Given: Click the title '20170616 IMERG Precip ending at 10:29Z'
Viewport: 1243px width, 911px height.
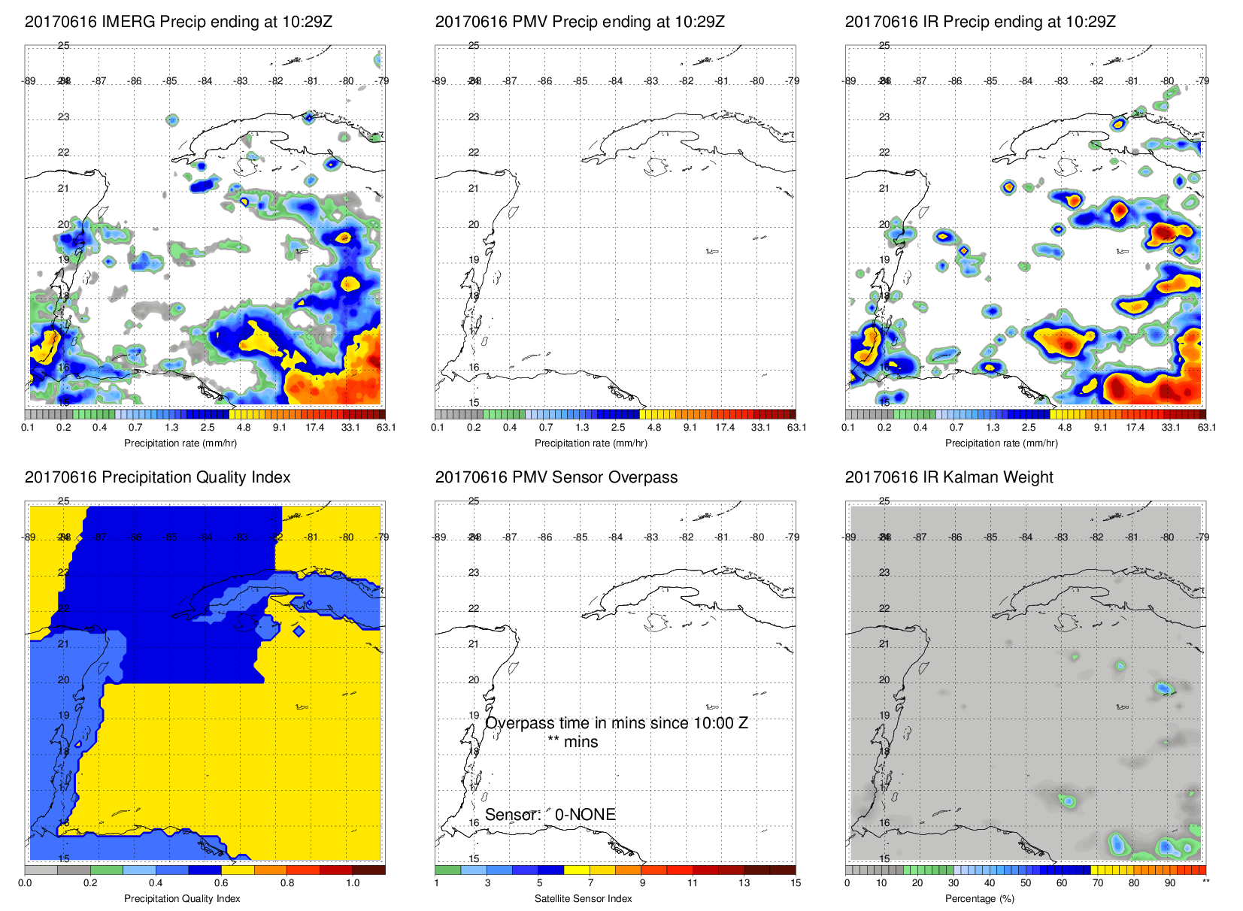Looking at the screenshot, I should (178, 22).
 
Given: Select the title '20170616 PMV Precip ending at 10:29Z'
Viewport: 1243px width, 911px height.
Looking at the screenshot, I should (580, 22).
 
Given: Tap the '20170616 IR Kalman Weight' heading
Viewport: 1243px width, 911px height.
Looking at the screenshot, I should (949, 477).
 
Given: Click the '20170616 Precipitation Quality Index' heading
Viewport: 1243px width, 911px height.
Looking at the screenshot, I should (157, 477).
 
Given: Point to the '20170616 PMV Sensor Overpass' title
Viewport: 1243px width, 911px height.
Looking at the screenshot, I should (556, 477).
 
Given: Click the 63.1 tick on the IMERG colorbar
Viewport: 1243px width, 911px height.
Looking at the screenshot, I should (386, 428).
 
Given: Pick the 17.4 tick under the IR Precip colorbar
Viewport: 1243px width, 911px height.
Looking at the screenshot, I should (1135, 428).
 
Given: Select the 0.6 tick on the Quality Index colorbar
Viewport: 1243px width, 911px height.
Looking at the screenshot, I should (221, 883).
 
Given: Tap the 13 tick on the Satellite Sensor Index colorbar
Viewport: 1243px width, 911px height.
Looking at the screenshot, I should (744, 883).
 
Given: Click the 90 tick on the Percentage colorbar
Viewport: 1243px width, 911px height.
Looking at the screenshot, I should (1170, 883).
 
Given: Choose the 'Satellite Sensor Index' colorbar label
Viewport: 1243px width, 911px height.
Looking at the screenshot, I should (584, 899).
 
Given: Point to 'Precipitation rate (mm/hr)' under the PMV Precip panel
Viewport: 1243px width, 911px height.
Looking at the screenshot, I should (591, 443).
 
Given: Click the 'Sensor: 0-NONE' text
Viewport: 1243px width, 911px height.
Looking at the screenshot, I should (550, 815).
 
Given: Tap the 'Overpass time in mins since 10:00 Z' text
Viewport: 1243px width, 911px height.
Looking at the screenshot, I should (617, 723).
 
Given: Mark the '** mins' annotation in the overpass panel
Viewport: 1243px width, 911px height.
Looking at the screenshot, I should (573, 742).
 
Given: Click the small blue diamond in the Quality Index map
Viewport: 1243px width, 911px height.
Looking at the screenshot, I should (299, 631).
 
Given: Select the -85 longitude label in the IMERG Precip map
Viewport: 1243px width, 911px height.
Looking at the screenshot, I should (171, 81).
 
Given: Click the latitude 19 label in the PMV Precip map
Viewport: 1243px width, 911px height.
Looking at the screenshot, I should (474, 260).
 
